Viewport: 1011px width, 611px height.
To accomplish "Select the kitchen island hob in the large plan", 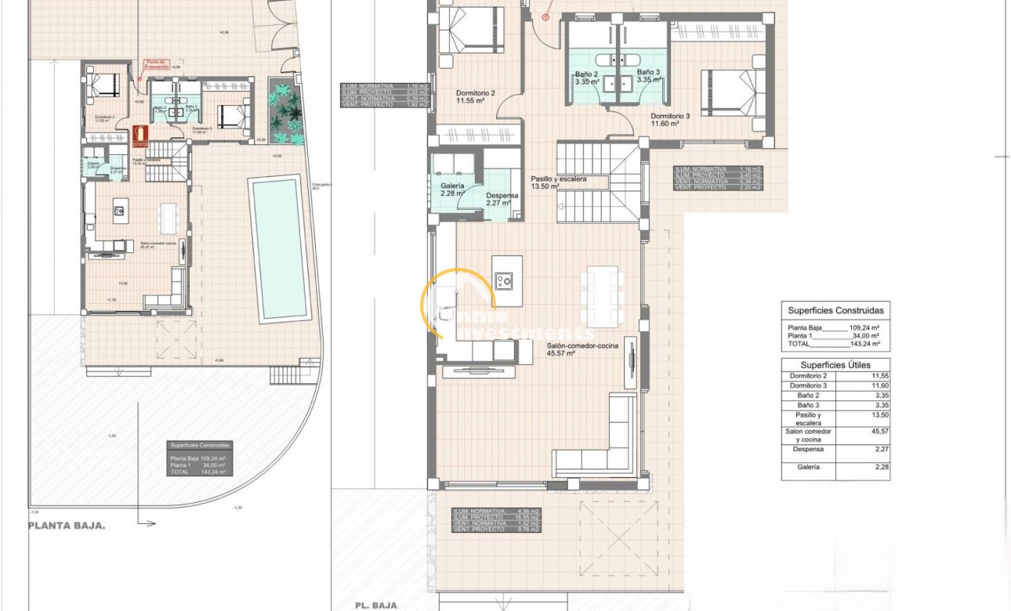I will (503, 280).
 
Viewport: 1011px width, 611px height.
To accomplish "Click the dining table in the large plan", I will (601, 297).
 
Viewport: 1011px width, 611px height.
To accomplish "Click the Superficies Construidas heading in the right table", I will (835, 310).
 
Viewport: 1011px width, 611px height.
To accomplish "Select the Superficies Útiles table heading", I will (835, 365).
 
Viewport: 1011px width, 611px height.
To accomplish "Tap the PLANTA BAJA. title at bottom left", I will (67, 526).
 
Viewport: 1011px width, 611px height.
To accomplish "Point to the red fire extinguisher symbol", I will (140, 136).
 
